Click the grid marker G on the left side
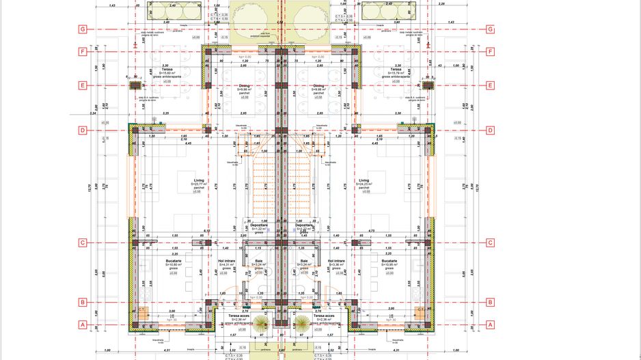(x=82, y=29)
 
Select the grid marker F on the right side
(x=490, y=51)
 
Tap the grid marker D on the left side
(x=82, y=130)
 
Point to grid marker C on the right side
(x=490, y=243)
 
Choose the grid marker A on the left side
(x=82, y=324)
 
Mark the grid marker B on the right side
(x=490, y=302)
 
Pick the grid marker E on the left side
(x=82, y=85)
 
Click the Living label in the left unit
(x=199, y=181)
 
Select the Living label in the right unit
(x=364, y=181)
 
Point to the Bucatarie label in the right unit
(x=390, y=260)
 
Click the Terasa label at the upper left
(x=167, y=69)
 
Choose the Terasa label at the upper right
(x=396, y=69)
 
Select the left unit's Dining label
(x=244, y=86)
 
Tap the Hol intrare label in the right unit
(x=336, y=260)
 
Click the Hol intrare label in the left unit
(x=226, y=260)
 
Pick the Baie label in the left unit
(x=259, y=260)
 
